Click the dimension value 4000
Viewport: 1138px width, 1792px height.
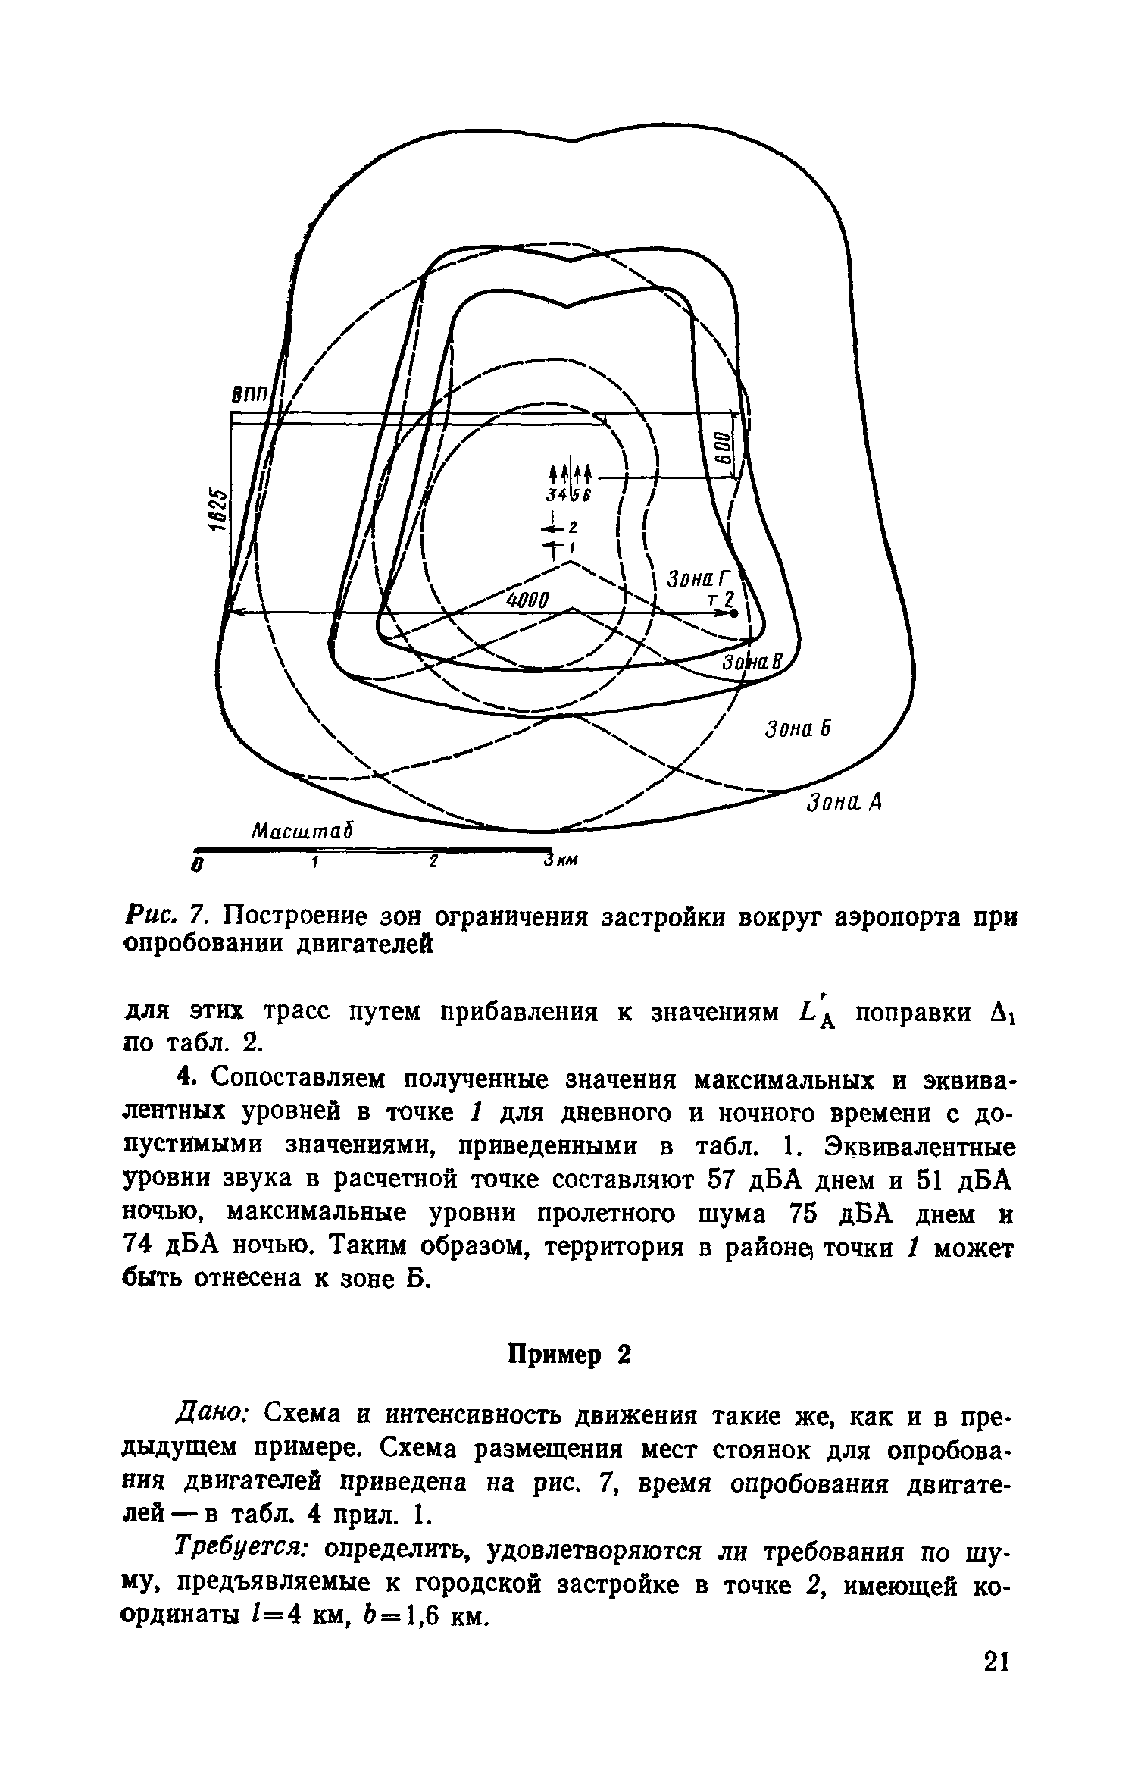pyautogui.click(x=531, y=600)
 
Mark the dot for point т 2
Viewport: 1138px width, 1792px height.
pyautogui.click(x=735, y=615)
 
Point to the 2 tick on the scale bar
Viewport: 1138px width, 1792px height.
pyautogui.click(x=433, y=862)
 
